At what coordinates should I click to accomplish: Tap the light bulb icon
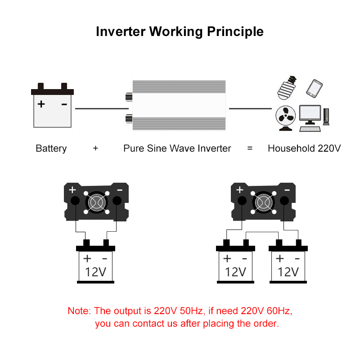287,88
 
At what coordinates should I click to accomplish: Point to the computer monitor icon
310,115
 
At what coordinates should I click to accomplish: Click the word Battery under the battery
51,148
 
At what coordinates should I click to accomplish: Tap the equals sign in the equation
250,148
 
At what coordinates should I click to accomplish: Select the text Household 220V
304,148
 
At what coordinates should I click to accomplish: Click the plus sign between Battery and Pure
95,148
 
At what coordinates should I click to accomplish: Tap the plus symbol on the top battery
41,104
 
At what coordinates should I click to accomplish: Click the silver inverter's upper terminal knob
129,96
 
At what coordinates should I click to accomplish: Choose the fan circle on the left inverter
96,203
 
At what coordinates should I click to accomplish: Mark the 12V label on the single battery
95,272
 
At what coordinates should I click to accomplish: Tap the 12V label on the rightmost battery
288,272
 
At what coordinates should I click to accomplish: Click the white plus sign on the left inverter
72,190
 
